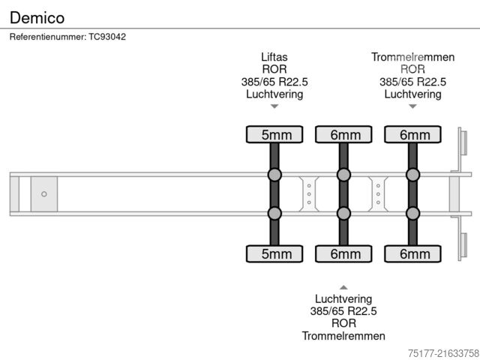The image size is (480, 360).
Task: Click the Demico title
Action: point(37,17)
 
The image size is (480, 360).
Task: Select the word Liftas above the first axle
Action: point(274,57)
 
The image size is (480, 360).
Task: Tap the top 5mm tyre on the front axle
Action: point(274,135)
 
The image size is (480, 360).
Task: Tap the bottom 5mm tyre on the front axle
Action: point(274,254)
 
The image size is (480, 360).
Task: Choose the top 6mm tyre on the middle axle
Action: point(343,135)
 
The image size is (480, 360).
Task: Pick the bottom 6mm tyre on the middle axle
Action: point(343,254)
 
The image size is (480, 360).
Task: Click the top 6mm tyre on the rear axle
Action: point(412,135)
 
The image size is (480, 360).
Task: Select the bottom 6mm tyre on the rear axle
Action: point(412,254)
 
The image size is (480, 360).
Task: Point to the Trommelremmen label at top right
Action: point(412,57)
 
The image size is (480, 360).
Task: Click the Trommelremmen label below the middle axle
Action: point(343,335)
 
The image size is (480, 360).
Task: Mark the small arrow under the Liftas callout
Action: point(274,106)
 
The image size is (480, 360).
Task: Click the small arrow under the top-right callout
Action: point(412,106)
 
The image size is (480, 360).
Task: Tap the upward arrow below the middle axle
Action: point(343,286)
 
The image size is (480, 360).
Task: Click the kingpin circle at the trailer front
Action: point(44,194)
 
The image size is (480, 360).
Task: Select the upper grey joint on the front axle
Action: point(274,175)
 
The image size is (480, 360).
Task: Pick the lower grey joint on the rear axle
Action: point(412,214)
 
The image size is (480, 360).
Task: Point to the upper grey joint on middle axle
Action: point(343,175)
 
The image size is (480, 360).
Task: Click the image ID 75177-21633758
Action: point(443,352)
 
